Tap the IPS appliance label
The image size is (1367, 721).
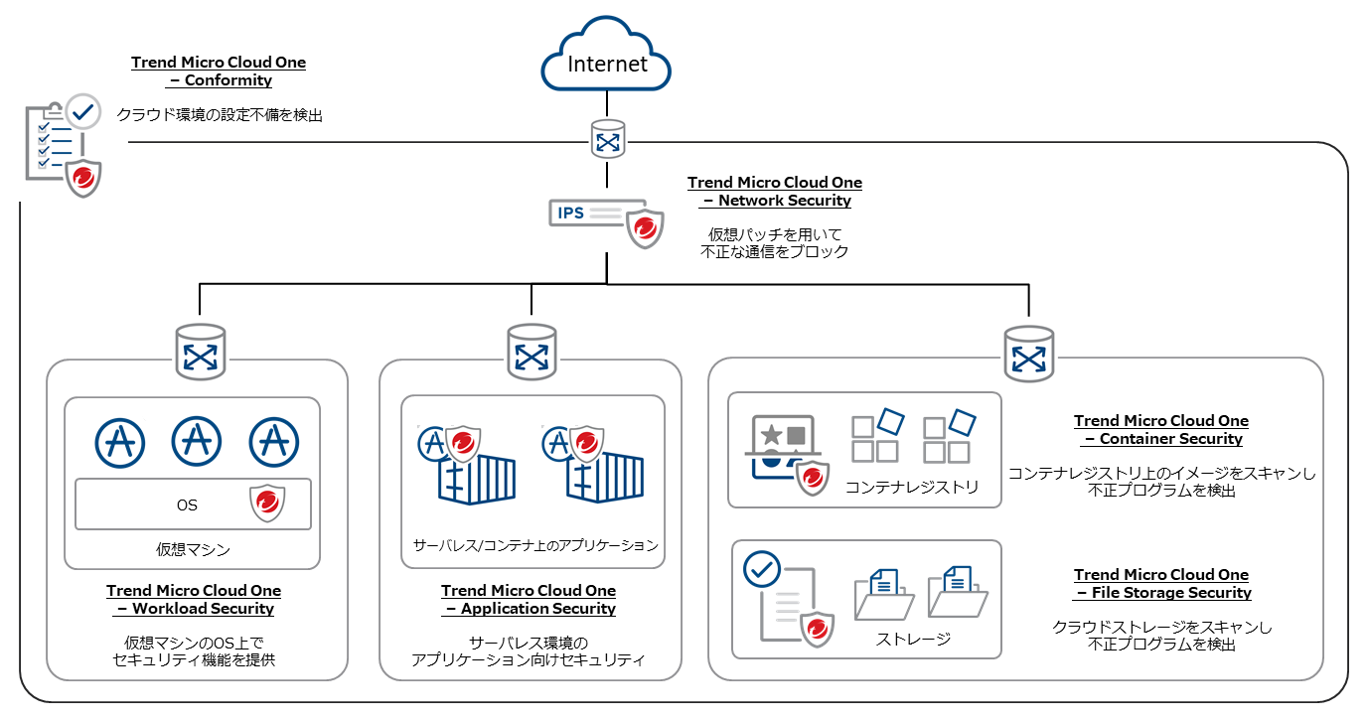coord(571,213)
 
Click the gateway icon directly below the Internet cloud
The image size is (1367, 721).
coord(607,139)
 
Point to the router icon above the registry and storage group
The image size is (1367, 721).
coord(1028,353)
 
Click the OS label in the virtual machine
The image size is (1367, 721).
coord(187,505)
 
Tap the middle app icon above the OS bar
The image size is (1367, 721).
coord(197,441)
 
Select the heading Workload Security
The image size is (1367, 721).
coord(195,600)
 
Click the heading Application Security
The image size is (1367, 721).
coord(529,600)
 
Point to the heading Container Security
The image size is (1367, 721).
coord(1161,430)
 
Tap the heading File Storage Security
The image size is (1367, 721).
coord(1161,584)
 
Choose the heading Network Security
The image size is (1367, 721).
coord(775,192)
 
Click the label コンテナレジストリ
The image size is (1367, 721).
coord(912,487)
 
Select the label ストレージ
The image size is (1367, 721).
coord(913,639)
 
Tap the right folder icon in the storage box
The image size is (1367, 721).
coord(957,593)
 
